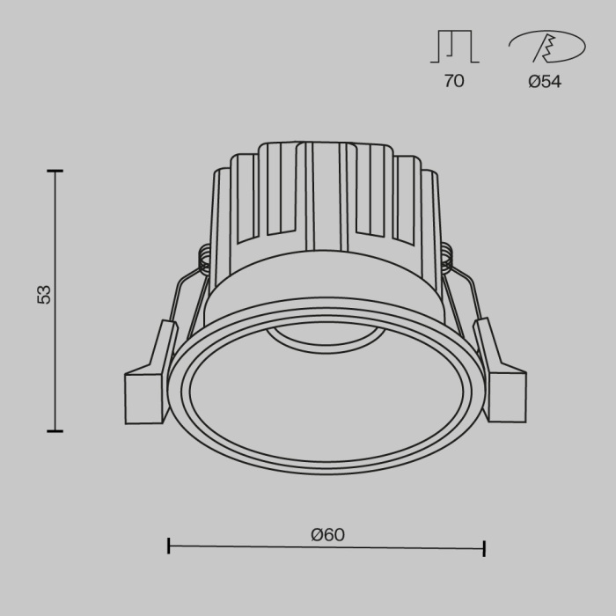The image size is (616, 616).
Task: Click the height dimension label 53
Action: pos(44,294)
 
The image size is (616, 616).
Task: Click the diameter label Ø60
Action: pos(327,534)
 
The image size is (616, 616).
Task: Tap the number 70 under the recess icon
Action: pos(454,81)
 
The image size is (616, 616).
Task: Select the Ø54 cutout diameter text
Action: pos(545,81)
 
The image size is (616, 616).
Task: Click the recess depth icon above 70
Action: pos(454,46)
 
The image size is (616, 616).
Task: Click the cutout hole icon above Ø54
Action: pos(546,47)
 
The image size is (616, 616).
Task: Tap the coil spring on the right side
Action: pos(446,257)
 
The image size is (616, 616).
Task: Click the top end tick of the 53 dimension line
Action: pos(55,172)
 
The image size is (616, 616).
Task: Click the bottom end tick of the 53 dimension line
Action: pos(55,430)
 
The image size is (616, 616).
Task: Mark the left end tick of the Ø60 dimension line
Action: pos(168,546)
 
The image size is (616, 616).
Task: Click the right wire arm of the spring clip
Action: pos(465,299)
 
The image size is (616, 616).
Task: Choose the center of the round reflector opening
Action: pos(326,396)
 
